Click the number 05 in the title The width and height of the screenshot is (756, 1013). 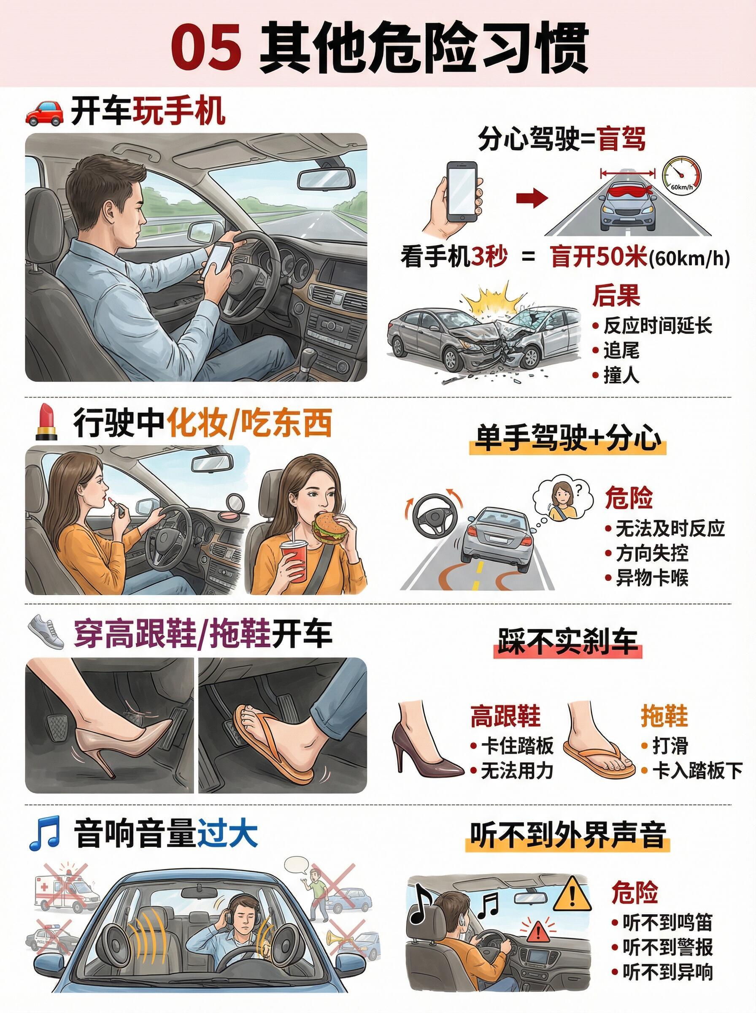pyautogui.click(x=206, y=47)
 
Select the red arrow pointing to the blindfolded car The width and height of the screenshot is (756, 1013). pyautogui.click(x=532, y=198)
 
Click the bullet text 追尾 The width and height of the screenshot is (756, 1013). pyautogui.click(x=621, y=351)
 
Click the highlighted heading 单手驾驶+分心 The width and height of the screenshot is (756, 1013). pyautogui.click(x=567, y=439)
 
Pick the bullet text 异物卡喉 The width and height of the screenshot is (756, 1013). pyautogui.click(x=652, y=578)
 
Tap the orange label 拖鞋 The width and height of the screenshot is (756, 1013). pyautogui.click(x=664, y=715)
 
